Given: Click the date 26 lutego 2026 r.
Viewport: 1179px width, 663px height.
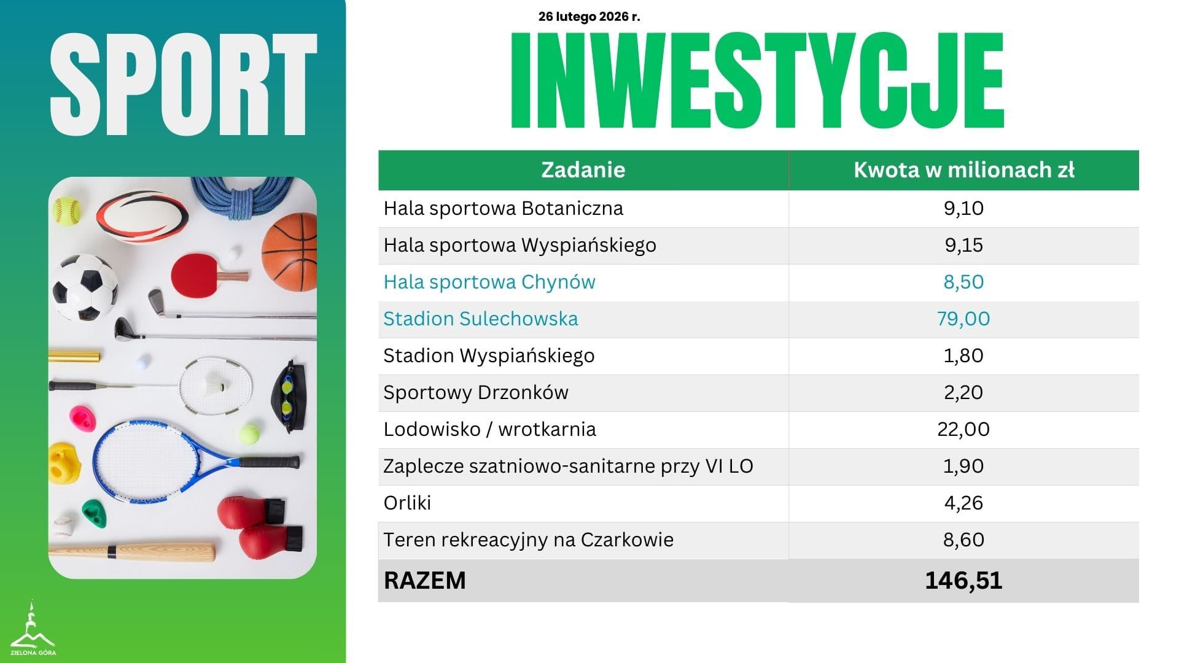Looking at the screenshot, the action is [589, 17].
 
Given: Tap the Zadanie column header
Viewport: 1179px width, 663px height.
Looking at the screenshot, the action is [583, 170].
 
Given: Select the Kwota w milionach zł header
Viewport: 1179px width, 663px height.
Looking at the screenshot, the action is [963, 170].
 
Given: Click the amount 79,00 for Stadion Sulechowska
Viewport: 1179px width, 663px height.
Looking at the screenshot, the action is [963, 319].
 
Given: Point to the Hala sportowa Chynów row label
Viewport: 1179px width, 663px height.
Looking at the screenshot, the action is [489, 282].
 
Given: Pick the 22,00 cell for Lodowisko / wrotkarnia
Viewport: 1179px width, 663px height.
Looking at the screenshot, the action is [963, 429].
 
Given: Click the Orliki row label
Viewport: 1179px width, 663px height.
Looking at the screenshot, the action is [407, 503].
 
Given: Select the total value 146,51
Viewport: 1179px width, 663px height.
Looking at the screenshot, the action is [963, 580].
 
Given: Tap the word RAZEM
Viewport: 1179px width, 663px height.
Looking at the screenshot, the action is [424, 580].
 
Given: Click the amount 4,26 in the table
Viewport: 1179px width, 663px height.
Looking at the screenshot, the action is [963, 503].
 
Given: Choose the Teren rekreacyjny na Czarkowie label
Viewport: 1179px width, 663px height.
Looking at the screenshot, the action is [528, 540].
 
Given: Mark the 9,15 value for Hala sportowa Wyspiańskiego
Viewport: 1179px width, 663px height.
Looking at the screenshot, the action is [963, 245].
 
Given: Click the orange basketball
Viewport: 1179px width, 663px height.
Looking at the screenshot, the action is [289, 252].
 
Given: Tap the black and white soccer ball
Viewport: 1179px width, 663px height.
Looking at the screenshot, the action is [84, 287].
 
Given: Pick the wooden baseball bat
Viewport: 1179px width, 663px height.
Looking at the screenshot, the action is [132, 551].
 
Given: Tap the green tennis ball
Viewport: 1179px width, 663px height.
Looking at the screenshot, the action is [249, 435].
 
